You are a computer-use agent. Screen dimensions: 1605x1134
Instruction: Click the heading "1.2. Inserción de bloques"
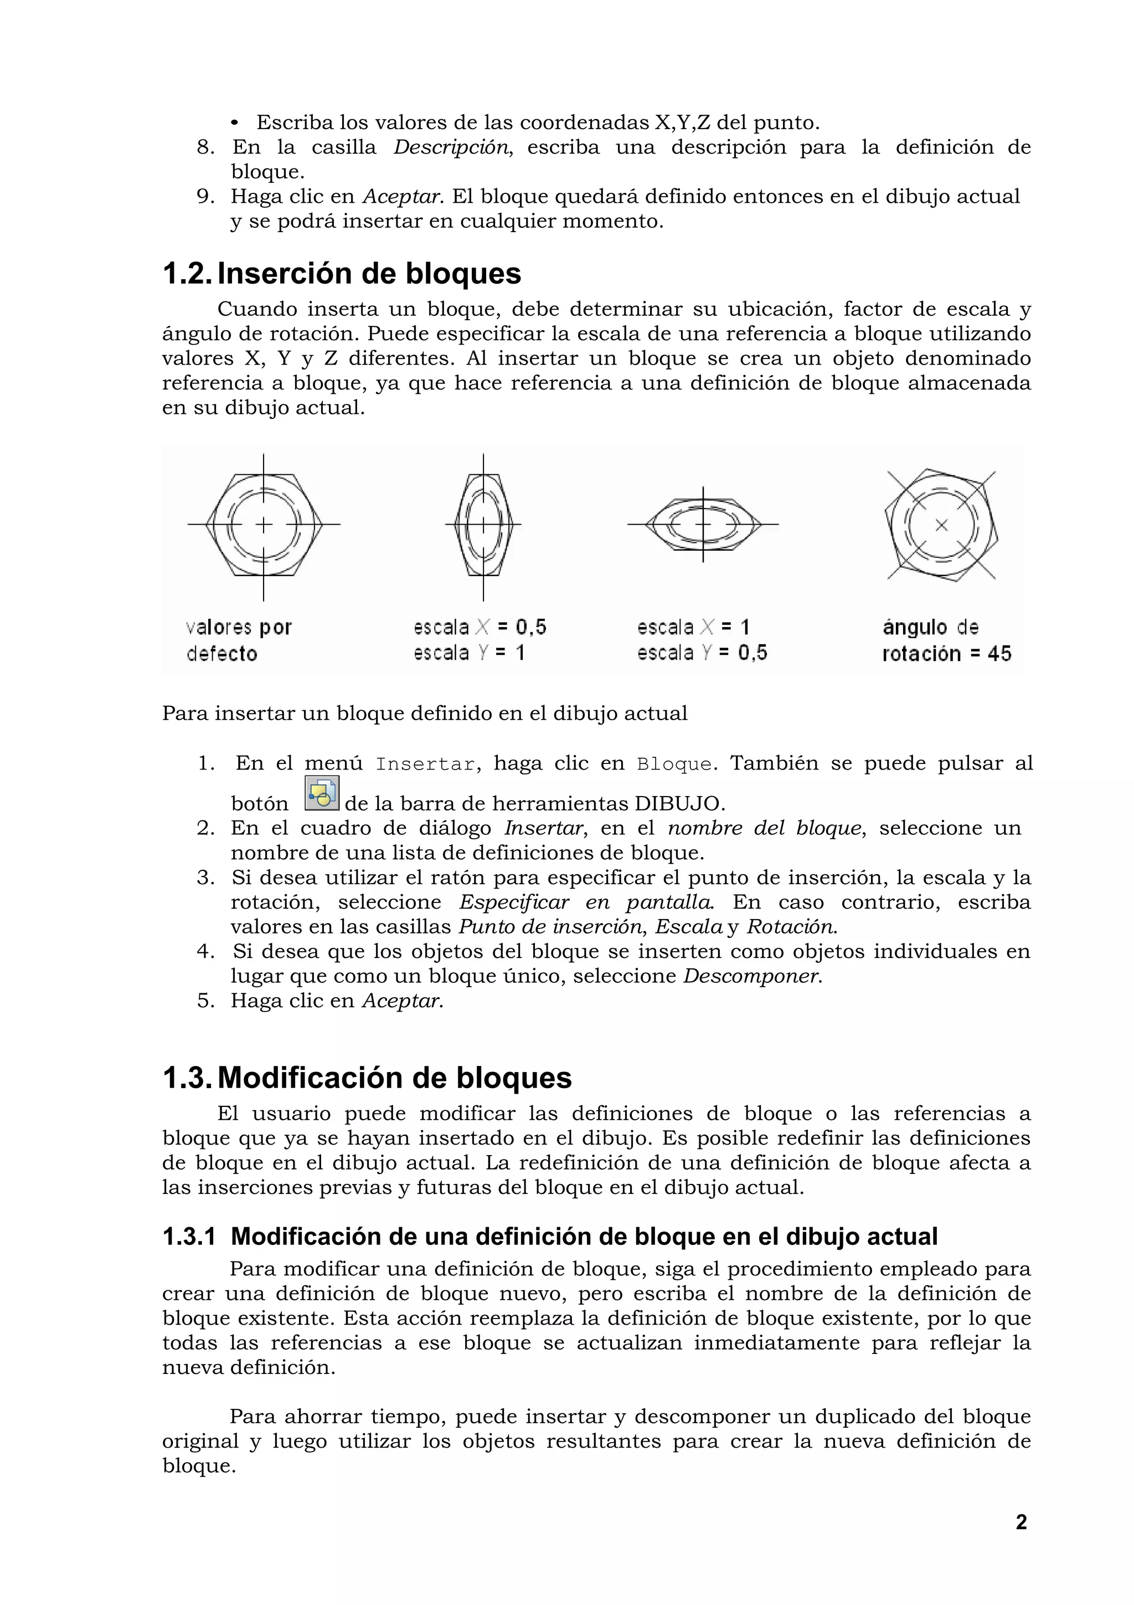tap(342, 273)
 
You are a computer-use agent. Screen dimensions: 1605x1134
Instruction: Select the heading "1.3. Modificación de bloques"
tap(367, 1078)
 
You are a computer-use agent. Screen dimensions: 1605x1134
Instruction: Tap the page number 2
tap(1021, 1522)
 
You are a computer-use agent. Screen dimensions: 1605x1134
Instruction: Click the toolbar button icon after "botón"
tap(322, 793)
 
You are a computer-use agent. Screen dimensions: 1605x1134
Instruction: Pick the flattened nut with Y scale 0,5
tap(703, 524)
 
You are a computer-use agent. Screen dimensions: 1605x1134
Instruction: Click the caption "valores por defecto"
tap(238, 640)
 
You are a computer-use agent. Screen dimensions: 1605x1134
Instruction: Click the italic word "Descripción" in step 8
tap(451, 147)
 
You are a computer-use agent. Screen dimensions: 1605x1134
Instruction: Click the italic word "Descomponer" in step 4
tap(751, 976)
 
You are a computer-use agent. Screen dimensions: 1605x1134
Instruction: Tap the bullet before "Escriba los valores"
tap(235, 124)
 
